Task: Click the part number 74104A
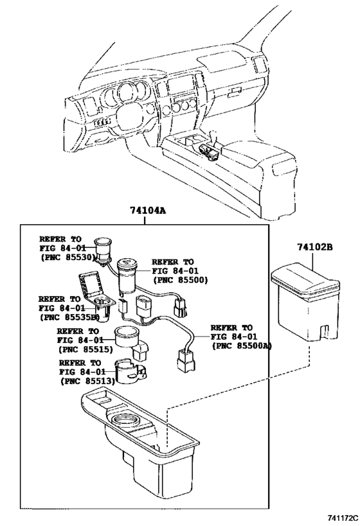[x=145, y=211]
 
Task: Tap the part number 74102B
[x=314, y=247]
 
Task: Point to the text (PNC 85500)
[x=179, y=280]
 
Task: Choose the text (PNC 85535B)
[x=69, y=317]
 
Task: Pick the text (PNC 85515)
[x=86, y=349]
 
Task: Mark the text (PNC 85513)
[x=87, y=381]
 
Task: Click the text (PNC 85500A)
[x=241, y=346]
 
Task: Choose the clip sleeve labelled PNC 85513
[x=130, y=372]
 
